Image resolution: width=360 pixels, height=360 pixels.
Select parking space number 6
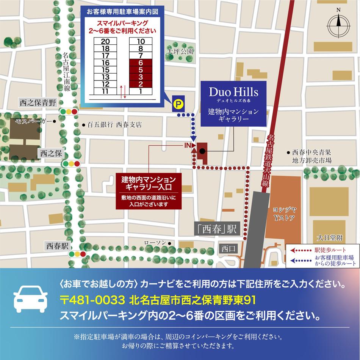pos(141,63)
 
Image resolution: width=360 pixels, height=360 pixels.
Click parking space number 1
pos(141,91)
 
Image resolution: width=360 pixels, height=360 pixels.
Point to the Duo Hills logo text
pos(234,92)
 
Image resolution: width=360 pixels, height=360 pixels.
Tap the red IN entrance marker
pos(189,145)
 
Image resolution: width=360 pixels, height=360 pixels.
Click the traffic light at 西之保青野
pos(69,112)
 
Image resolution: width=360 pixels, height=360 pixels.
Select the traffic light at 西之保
pos(71,164)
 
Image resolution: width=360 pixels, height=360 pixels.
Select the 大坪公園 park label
pos(181,51)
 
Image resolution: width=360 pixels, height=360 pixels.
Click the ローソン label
pos(155,243)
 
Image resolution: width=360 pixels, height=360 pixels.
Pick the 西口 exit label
pos(229,249)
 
